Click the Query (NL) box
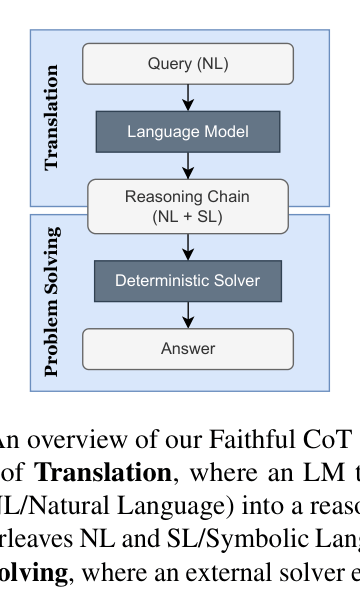point(188,65)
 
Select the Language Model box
point(188,131)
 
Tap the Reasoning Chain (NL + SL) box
point(188,205)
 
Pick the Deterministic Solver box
point(188,281)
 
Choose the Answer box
point(188,349)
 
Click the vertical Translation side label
point(53,118)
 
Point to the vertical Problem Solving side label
point(53,301)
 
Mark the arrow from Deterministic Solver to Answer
point(188,315)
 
